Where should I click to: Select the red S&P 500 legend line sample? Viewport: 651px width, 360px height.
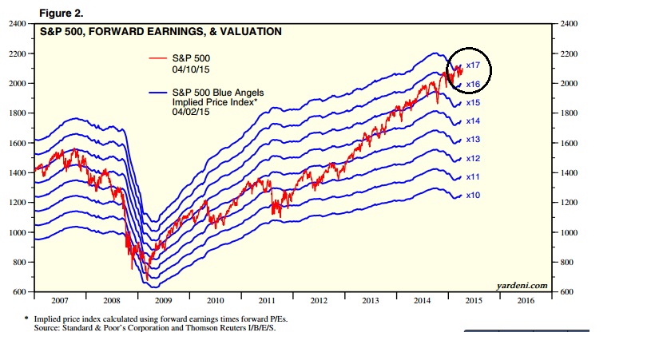[159, 58]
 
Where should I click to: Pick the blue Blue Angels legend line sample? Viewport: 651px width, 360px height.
[159, 93]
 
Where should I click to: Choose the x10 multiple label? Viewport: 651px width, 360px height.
[472, 196]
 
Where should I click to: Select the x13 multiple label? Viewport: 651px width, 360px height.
[472, 139]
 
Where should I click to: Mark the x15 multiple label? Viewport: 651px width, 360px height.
[472, 103]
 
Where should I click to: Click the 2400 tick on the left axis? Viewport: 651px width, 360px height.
[17, 24]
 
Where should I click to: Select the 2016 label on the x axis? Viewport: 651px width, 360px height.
[525, 301]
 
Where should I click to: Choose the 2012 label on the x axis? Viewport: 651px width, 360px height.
[319, 301]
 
